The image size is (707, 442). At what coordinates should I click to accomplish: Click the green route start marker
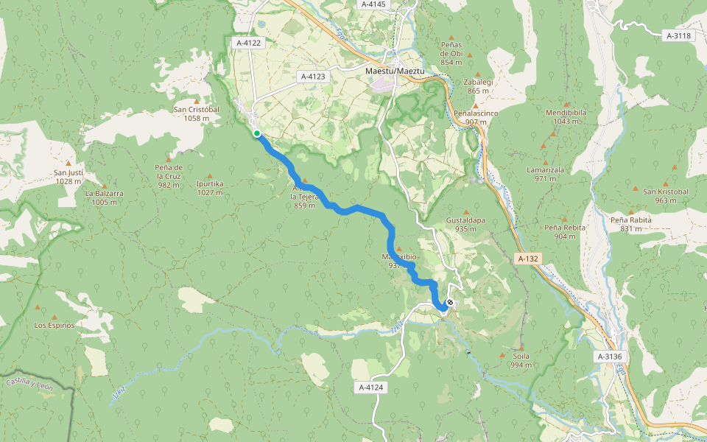tap(256, 133)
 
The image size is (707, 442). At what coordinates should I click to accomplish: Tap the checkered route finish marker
tap(449, 303)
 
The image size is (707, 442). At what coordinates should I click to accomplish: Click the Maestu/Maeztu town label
tap(395, 71)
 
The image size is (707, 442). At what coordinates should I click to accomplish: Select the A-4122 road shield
tap(249, 43)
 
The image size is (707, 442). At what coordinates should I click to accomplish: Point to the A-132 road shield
tap(528, 259)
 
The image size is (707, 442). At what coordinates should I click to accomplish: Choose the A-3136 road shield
tap(609, 357)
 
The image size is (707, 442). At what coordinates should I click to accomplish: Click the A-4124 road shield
tap(373, 387)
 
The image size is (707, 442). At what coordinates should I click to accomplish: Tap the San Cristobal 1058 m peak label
tap(197, 113)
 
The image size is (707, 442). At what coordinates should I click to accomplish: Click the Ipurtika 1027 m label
tap(210, 189)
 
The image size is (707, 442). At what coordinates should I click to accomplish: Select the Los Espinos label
tap(54, 325)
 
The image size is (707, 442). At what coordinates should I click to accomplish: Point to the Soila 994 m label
tap(521, 360)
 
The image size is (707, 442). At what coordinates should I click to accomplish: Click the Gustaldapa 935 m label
tap(465, 224)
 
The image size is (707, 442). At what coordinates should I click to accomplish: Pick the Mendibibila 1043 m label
tap(566, 116)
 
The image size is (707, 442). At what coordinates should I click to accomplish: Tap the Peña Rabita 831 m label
tap(630, 224)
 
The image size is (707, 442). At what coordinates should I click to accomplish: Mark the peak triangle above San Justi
tap(68, 164)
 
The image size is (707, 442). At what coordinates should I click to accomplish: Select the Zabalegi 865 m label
tap(477, 86)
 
